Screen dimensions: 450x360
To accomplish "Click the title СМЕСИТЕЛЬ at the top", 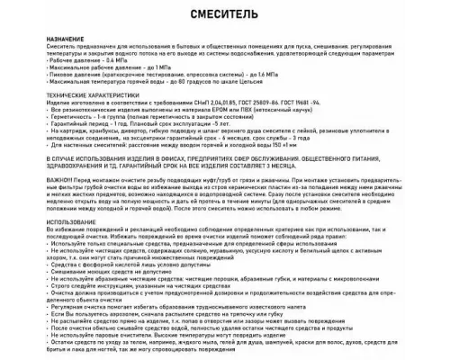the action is point(224,16).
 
